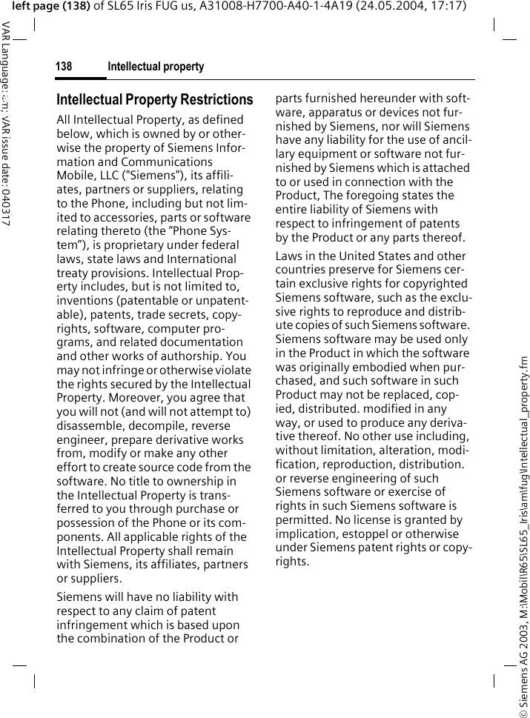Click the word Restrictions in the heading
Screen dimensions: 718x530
coord(216,100)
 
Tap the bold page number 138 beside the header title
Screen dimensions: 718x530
coord(64,67)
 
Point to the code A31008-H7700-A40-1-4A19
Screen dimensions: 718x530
coord(256,6)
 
